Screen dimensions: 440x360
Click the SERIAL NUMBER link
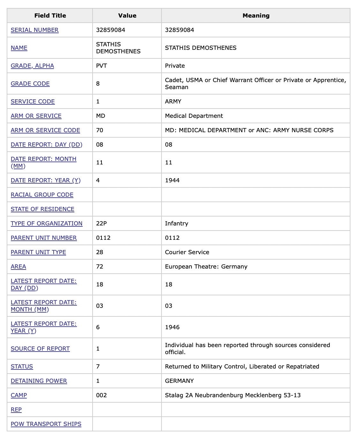[34, 30]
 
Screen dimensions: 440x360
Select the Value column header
[127, 16]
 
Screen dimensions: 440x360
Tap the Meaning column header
[256, 16]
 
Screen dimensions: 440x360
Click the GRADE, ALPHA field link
[32, 66]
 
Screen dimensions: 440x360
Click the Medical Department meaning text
[194, 116]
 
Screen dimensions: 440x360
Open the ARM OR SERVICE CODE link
[45, 130]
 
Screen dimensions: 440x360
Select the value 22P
[101, 224]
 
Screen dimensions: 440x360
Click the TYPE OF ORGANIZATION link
[47, 224]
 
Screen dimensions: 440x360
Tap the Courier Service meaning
[187, 252]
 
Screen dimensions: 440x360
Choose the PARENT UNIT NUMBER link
[44, 238]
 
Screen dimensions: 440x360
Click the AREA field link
[19, 267]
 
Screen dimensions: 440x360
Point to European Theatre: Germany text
[206, 267]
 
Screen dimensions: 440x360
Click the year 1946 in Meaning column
[172, 327]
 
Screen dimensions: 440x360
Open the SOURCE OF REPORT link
[40, 349]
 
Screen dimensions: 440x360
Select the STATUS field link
[22, 367]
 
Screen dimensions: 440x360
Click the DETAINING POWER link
[39, 381]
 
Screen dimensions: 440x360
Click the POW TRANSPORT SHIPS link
[46, 424]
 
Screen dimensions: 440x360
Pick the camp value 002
[101, 395]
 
